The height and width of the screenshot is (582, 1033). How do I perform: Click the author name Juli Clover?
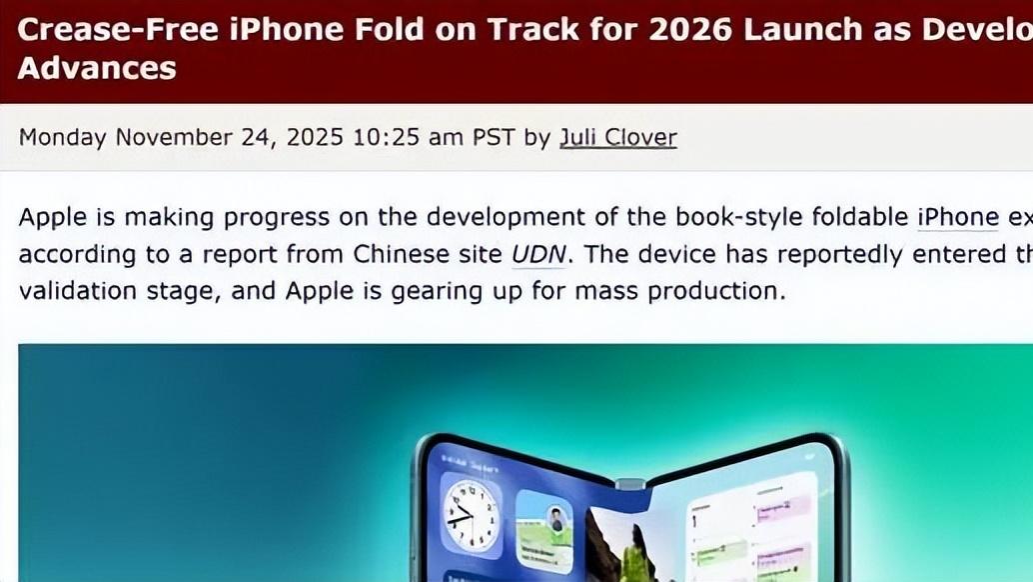point(617,137)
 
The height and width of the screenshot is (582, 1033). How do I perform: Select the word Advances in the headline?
point(97,68)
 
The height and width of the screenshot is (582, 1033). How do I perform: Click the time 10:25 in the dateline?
point(386,137)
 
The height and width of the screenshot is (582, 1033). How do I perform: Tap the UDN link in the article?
point(537,254)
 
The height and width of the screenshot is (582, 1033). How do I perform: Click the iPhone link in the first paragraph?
point(958,217)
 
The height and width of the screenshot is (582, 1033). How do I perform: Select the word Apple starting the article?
point(49,217)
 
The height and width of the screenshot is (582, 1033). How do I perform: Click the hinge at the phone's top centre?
point(629,484)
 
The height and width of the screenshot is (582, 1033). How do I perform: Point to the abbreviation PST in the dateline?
point(493,137)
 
